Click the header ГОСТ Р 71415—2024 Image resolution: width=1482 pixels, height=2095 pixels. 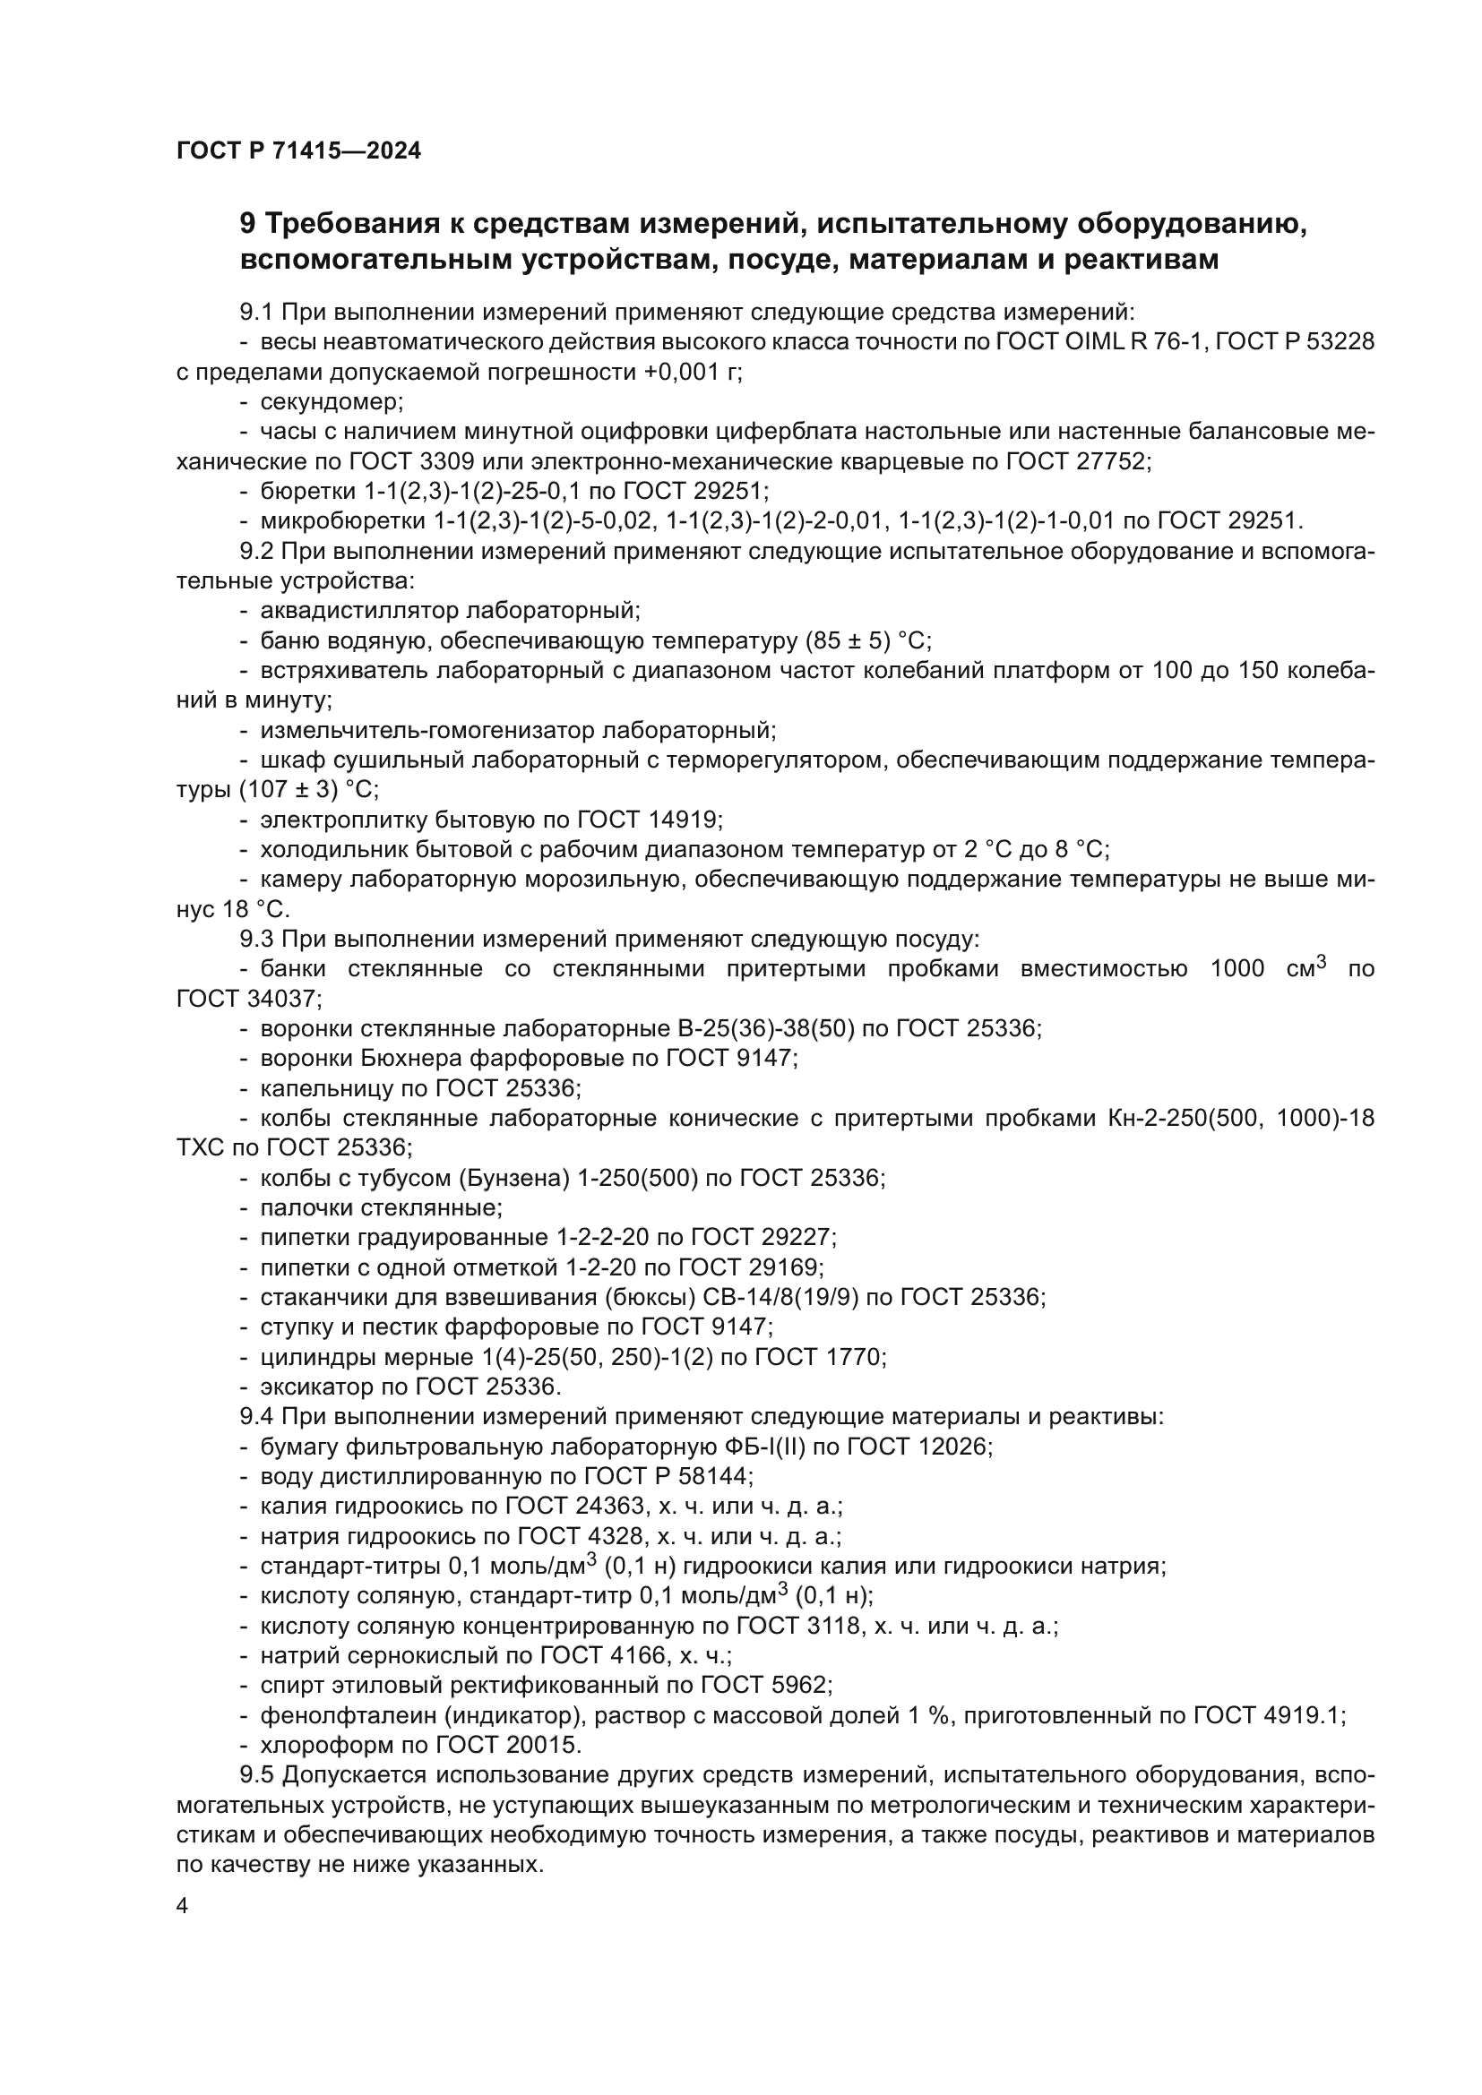coord(298,151)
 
